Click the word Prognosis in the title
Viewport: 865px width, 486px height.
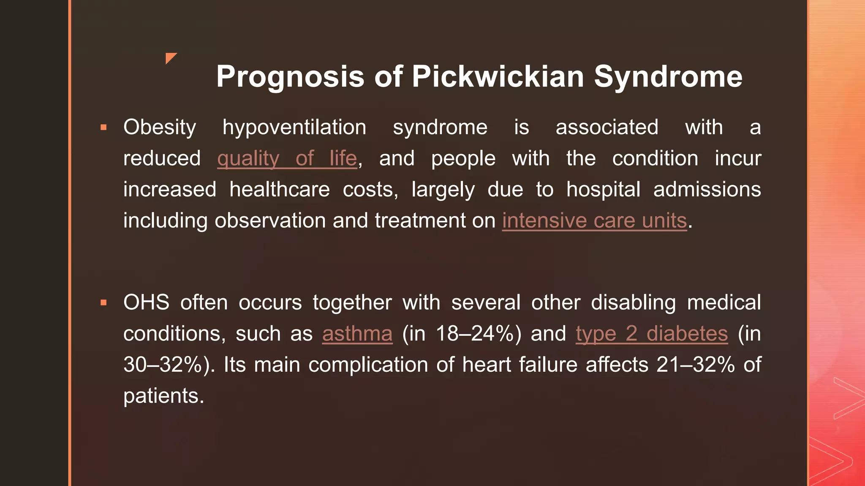(x=290, y=77)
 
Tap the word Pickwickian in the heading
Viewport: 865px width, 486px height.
(x=498, y=77)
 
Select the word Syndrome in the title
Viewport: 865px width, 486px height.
(x=668, y=77)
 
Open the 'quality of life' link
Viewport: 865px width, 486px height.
(x=287, y=159)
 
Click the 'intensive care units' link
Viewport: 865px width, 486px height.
(x=594, y=221)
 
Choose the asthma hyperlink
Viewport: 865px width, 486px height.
(x=357, y=334)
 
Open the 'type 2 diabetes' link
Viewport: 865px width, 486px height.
(x=651, y=334)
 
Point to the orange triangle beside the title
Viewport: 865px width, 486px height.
(x=171, y=58)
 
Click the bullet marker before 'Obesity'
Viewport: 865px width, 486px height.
(x=103, y=127)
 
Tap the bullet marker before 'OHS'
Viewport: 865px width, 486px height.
(x=103, y=302)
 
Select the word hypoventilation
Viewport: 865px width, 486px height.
(x=294, y=127)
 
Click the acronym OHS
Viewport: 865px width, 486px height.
(x=146, y=302)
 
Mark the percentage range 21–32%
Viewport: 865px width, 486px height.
(x=695, y=365)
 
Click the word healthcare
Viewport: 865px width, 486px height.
(x=280, y=189)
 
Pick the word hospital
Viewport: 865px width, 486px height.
(x=603, y=189)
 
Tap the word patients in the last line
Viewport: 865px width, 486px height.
(x=163, y=396)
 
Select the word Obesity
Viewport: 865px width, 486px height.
(x=160, y=127)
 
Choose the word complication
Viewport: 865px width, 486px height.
(x=368, y=365)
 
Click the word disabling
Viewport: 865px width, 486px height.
(x=633, y=302)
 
